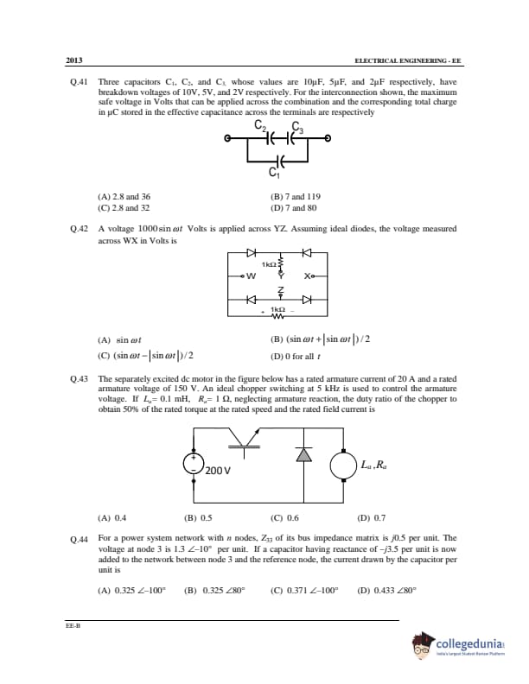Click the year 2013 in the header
point(74,60)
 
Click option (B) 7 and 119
point(296,197)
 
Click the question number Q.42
point(79,231)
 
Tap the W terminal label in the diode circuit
point(251,276)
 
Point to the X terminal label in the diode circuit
point(308,276)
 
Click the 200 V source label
point(219,472)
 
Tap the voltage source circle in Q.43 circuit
point(193,464)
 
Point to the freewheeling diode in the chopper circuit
point(303,456)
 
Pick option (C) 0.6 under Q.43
point(285,518)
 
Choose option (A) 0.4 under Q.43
point(113,518)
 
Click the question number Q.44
point(79,538)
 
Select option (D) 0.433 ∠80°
point(386,591)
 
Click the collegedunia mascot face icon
point(423,644)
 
